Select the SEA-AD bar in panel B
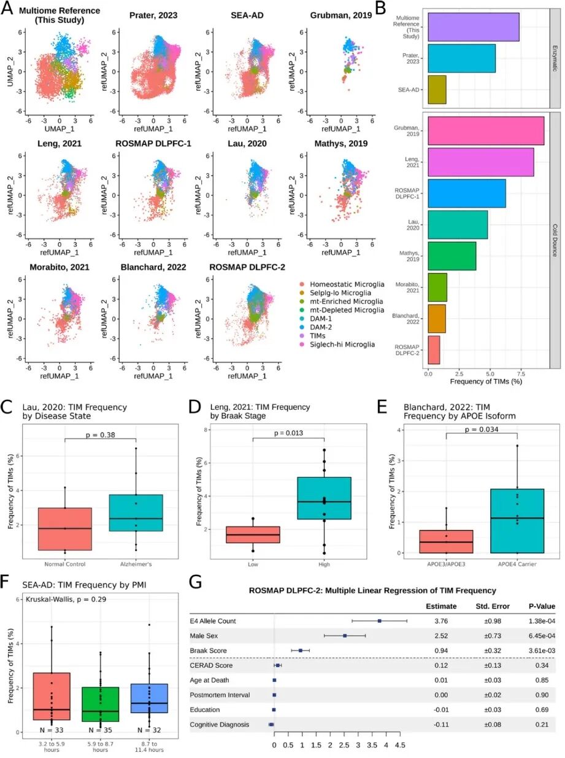click(437, 89)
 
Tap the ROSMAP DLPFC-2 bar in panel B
click(433, 350)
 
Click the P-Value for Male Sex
click(540, 635)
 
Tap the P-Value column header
click(540, 606)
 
